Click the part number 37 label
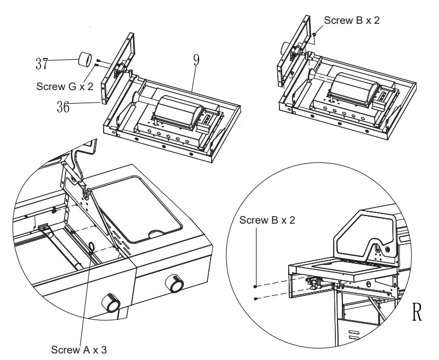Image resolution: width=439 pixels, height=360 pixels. tap(42, 64)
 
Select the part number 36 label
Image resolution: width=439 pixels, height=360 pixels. tap(63, 107)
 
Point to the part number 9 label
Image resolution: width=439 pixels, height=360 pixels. tap(195, 60)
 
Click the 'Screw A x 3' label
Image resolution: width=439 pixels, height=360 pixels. tap(79, 349)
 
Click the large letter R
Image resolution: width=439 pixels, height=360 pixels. tap(417, 312)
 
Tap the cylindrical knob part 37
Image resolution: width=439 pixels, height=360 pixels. tap(84, 59)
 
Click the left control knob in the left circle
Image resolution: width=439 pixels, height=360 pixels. tap(112, 303)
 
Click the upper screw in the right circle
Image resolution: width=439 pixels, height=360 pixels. tap(255, 286)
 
